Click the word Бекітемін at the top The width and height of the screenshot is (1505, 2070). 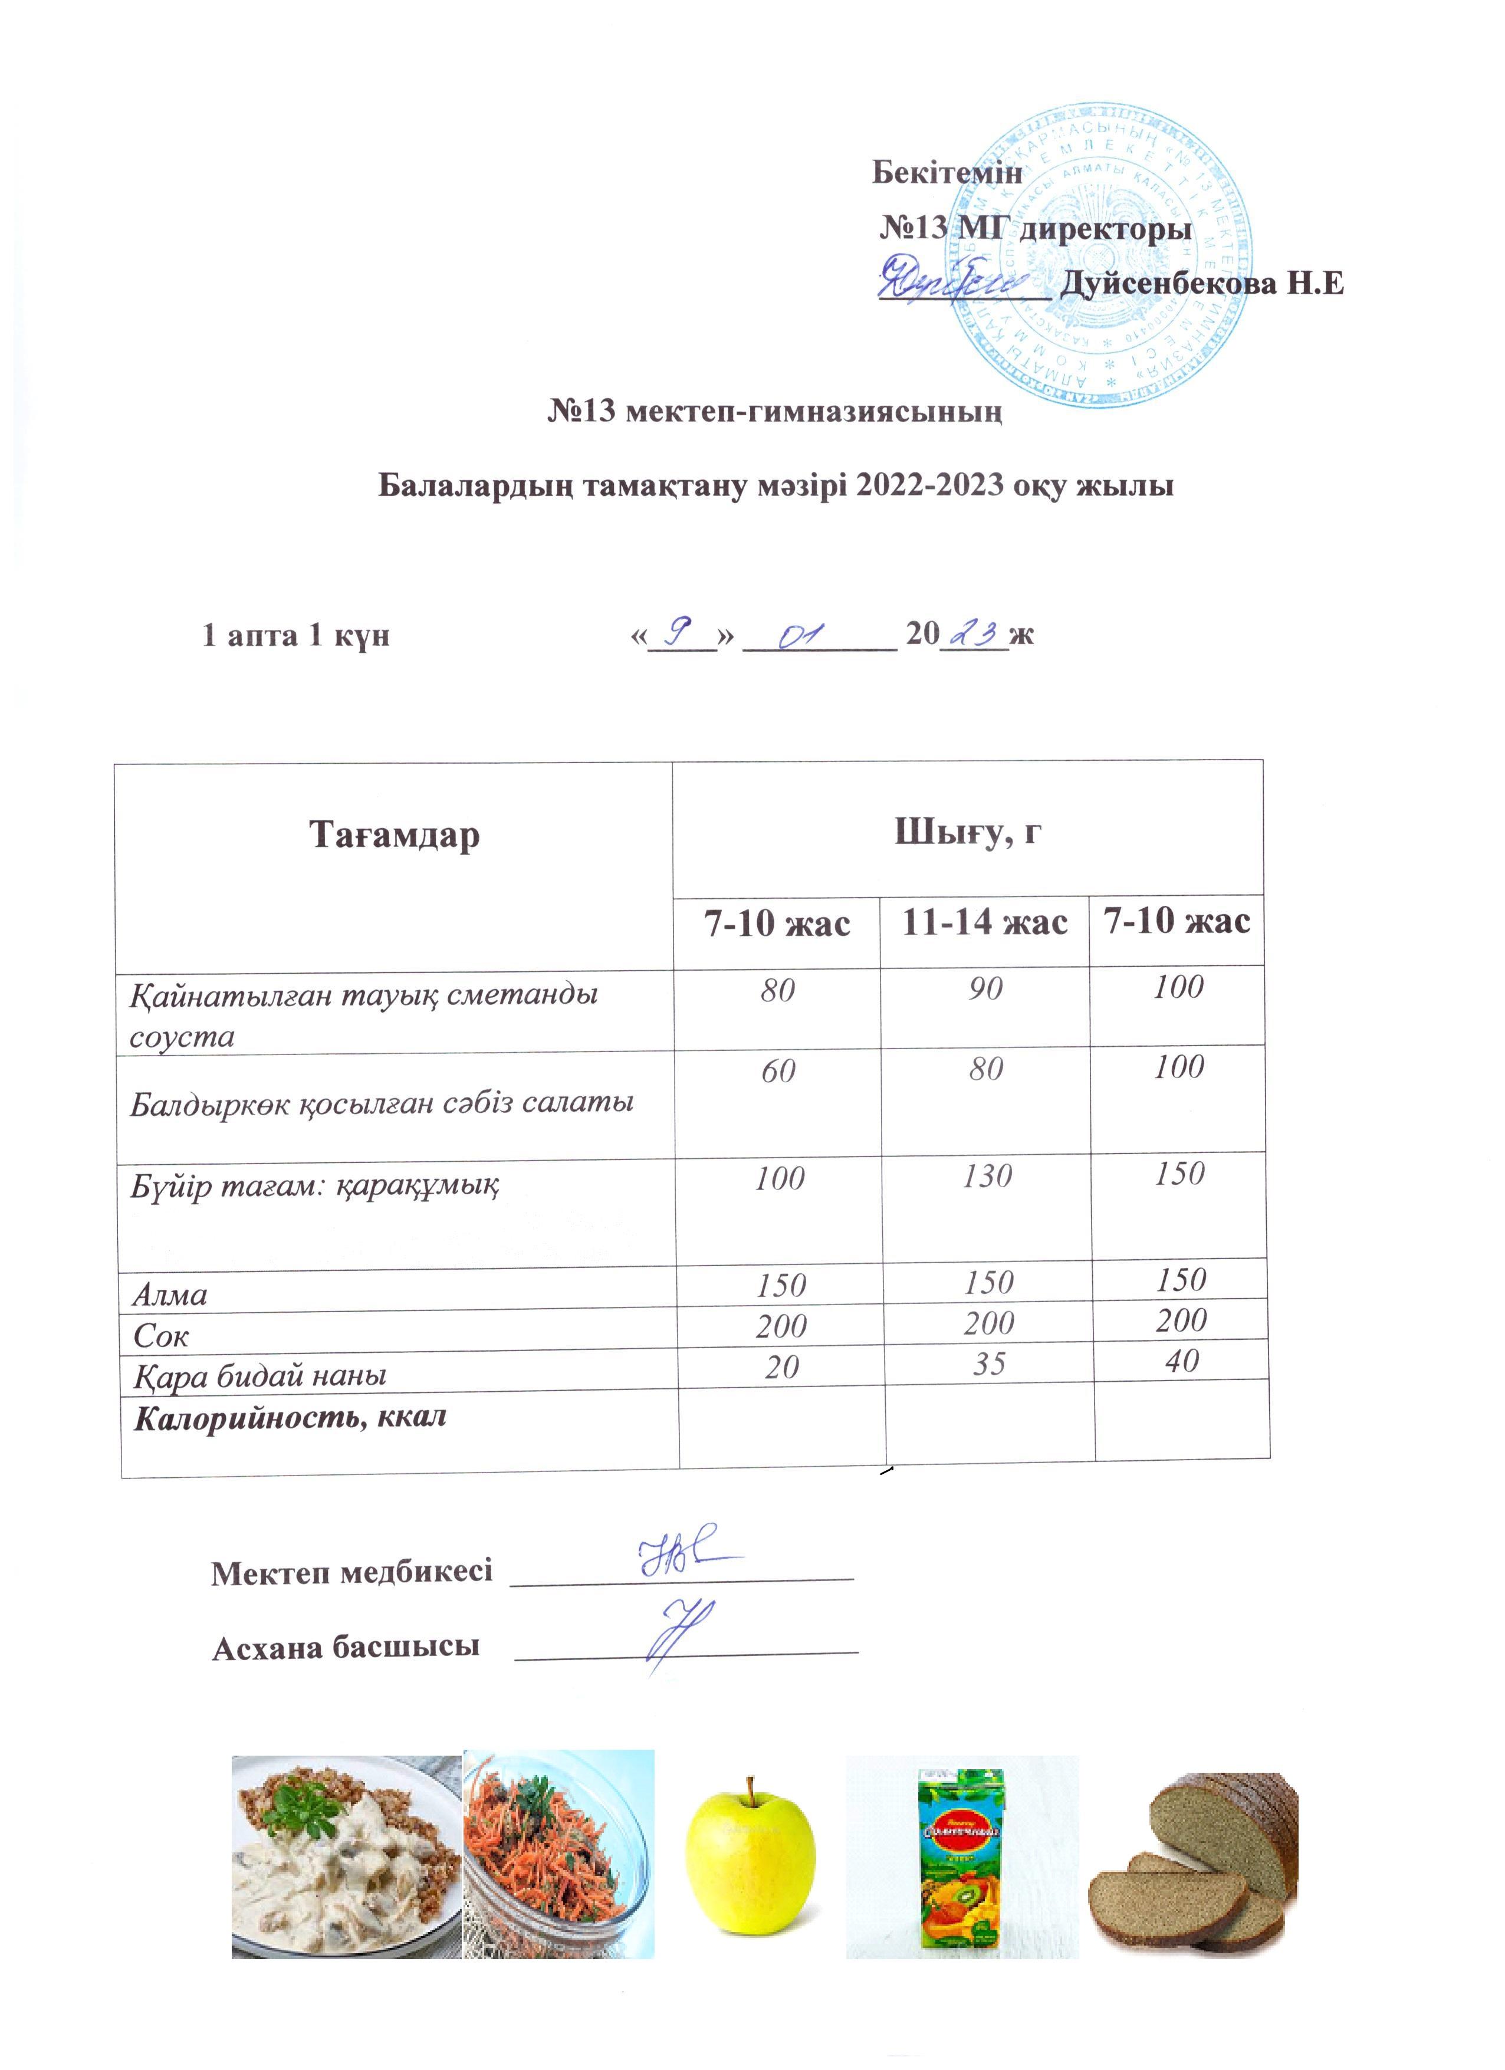tap(947, 172)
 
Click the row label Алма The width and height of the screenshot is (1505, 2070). tap(170, 1294)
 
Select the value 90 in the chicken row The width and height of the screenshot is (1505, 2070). tap(985, 988)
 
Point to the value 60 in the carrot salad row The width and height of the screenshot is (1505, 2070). tap(778, 1070)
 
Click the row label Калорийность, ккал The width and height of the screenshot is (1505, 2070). tap(290, 1417)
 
